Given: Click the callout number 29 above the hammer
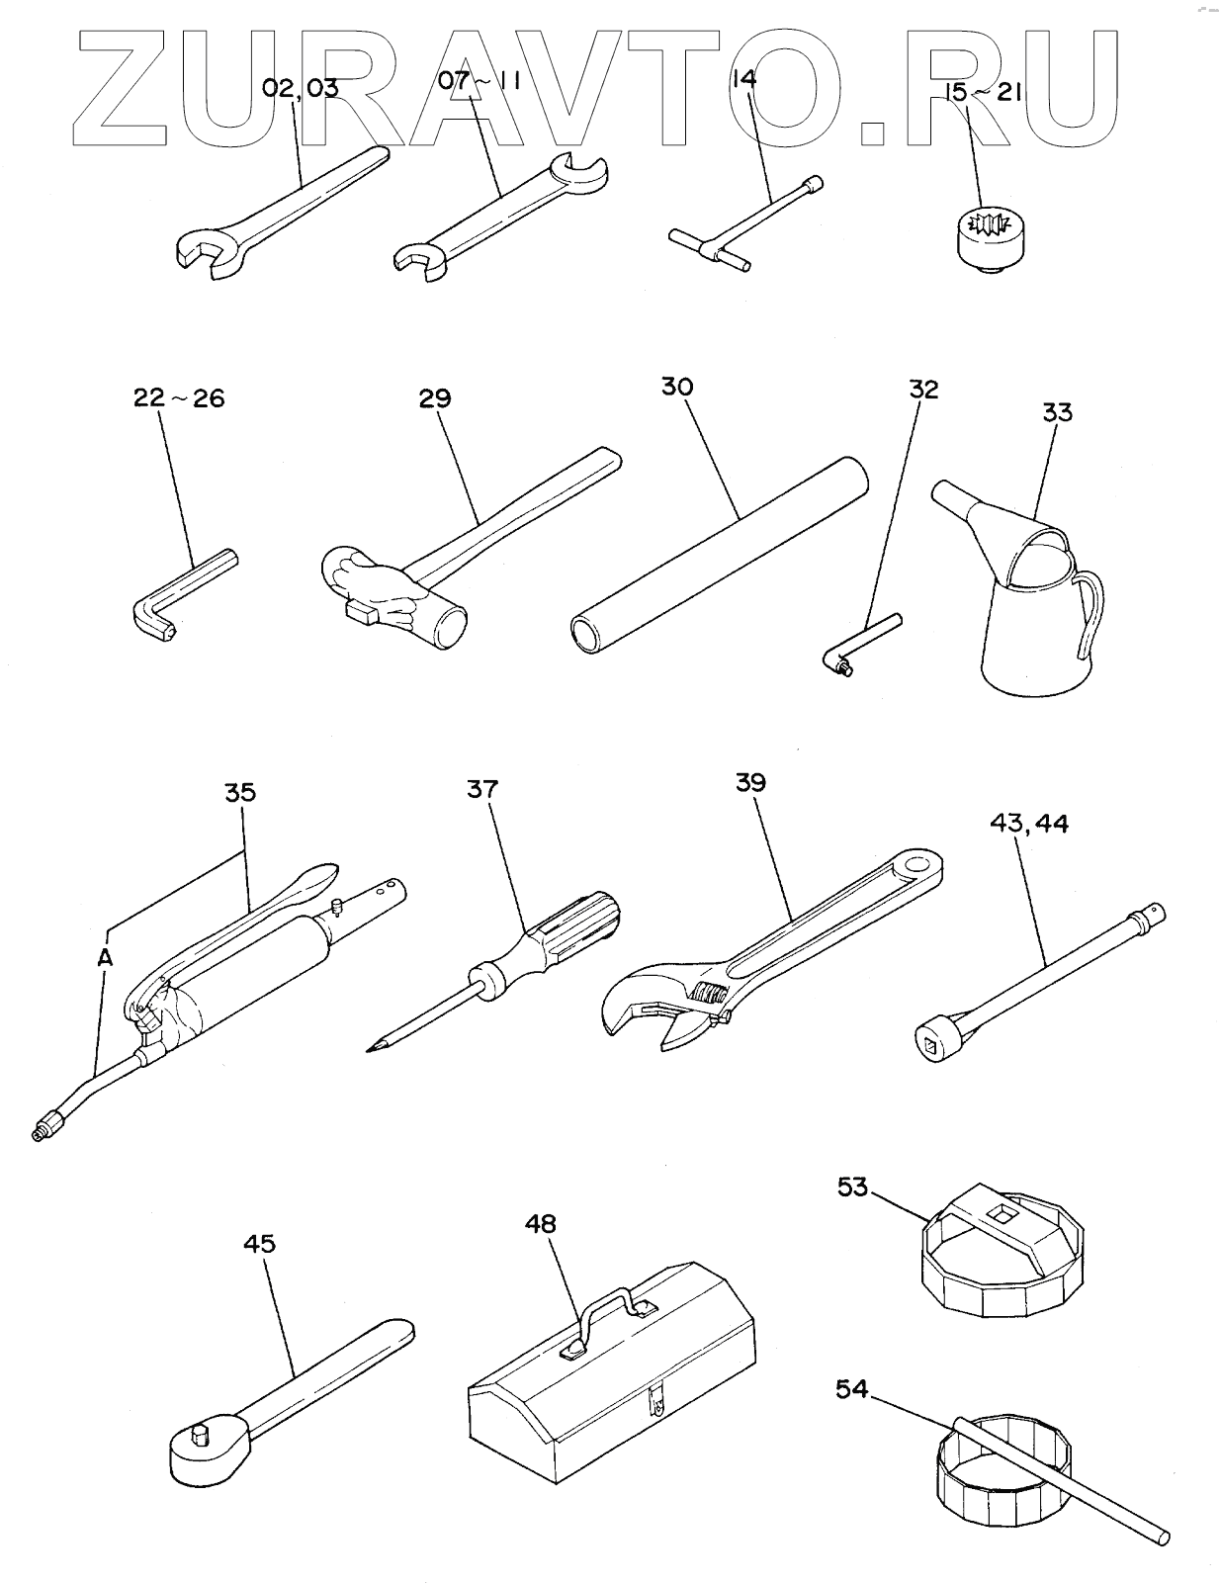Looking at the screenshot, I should click(x=435, y=398).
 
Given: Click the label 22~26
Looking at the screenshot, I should click(x=179, y=398).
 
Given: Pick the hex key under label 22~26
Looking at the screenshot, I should click(x=178, y=598).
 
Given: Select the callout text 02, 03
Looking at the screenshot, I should click(x=301, y=88).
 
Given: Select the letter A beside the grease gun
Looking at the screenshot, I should click(x=105, y=956).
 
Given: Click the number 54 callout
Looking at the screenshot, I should click(x=851, y=1389).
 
